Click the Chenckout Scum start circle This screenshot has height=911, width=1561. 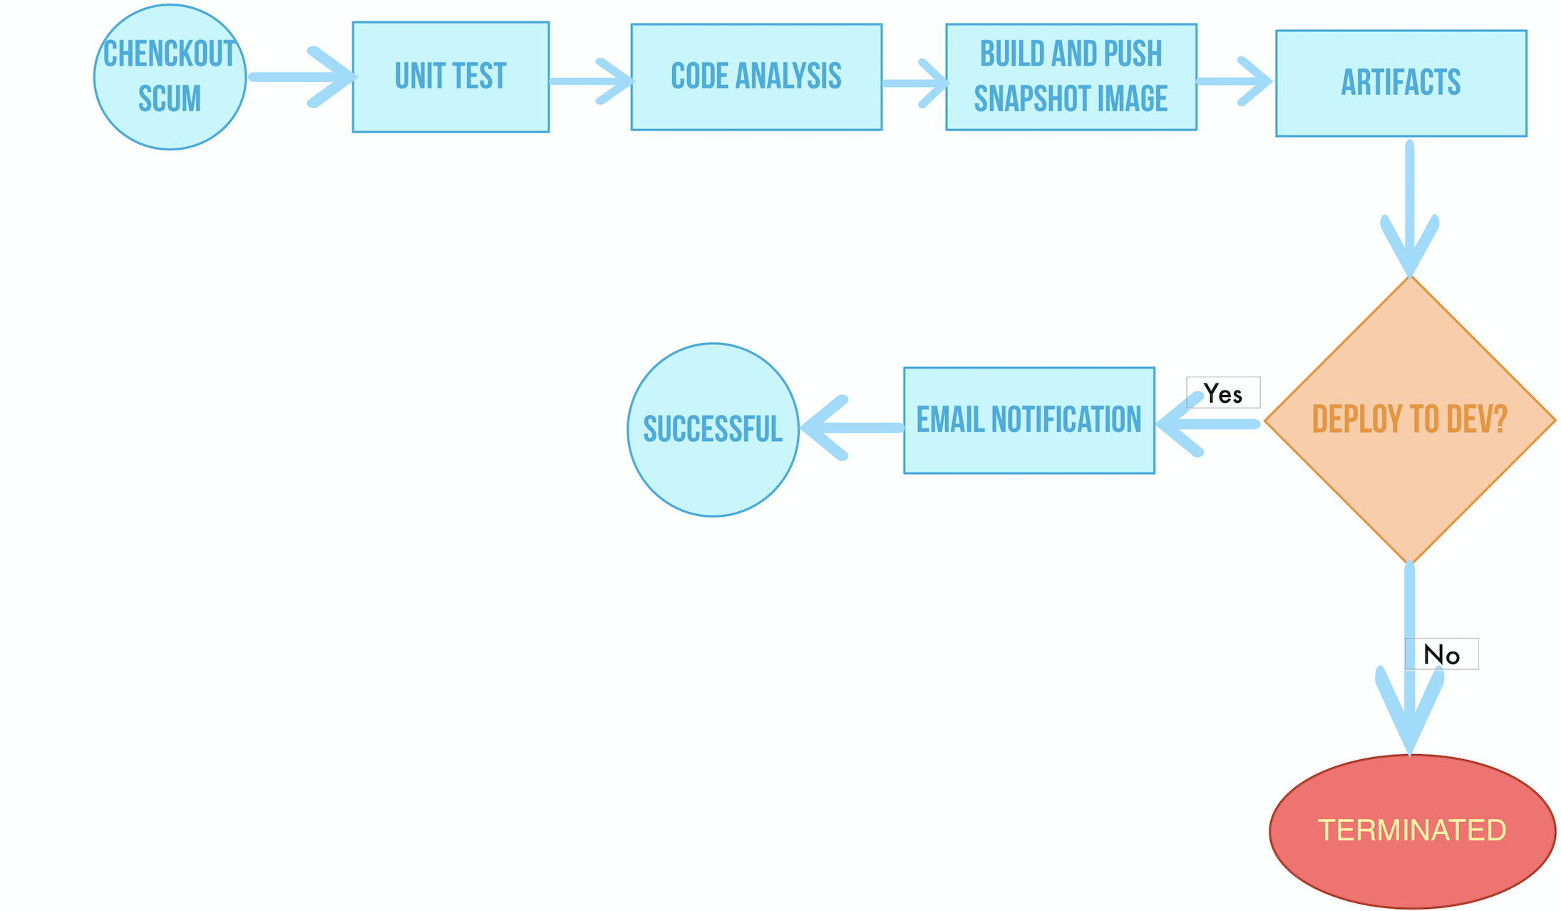(x=170, y=77)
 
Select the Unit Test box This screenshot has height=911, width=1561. (x=450, y=77)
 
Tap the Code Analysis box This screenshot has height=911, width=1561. (x=756, y=77)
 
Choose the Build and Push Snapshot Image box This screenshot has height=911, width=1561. (x=1071, y=77)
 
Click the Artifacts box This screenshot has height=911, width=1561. (x=1401, y=83)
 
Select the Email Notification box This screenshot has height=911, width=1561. (x=1029, y=421)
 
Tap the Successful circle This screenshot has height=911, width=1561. (x=713, y=430)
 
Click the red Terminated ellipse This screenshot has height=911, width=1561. (x=1412, y=831)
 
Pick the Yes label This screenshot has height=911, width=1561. (x=1223, y=393)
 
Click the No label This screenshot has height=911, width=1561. (x=1442, y=654)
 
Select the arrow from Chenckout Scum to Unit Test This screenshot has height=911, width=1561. (x=299, y=77)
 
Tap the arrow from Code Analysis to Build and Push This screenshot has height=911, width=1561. (x=914, y=83)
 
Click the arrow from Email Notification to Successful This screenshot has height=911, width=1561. (x=852, y=428)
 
